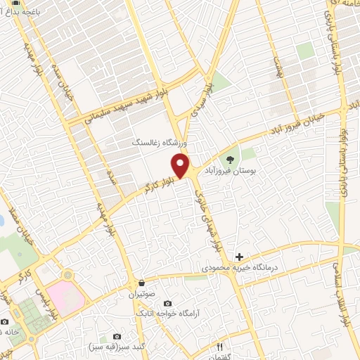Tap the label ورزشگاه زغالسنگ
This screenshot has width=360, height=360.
coord(162,142)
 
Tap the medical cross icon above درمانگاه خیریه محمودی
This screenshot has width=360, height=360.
coord(239,257)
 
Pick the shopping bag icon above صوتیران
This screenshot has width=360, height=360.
coord(143,283)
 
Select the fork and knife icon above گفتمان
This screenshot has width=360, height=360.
coord(219,347)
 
